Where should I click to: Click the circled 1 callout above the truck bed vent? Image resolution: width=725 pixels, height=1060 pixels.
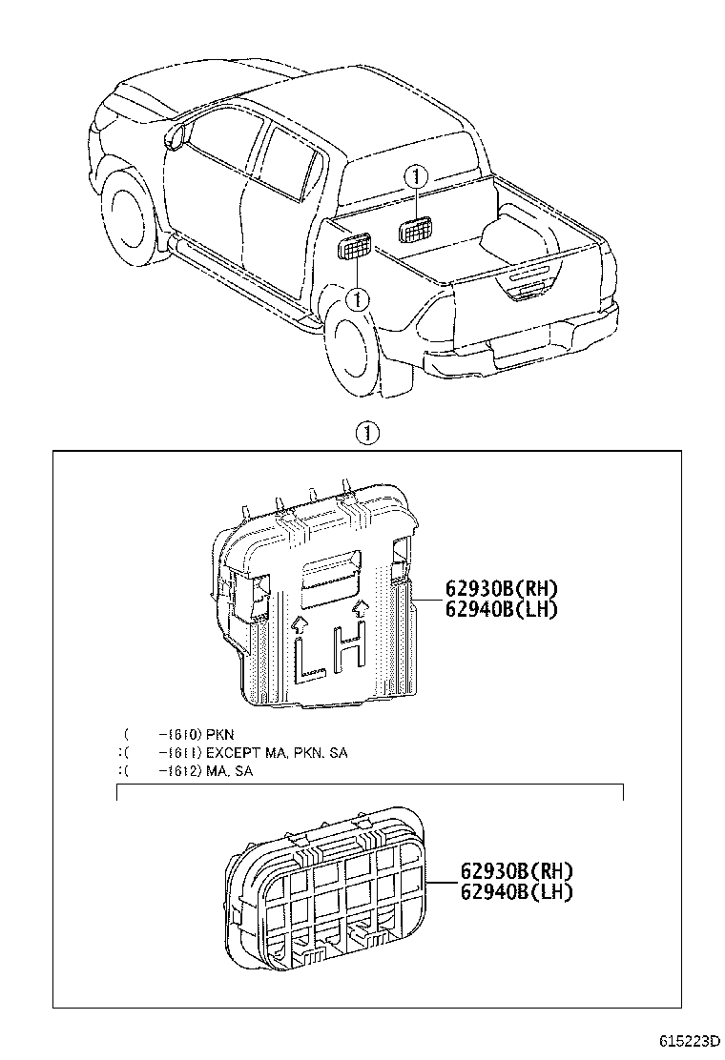pos(415,176)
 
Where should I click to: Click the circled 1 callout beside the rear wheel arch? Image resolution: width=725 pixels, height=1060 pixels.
pos(357,299)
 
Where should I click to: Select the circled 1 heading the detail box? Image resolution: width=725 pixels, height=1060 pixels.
pos(369,434)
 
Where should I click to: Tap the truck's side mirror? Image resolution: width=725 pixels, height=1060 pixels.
pos(175,135)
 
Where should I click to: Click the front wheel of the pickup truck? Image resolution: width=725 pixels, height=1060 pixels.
pos(127,215)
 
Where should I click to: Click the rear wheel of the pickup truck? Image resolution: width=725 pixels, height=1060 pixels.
pos(354,349)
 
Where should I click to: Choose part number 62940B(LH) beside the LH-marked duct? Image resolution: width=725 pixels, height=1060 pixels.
pos(501,609)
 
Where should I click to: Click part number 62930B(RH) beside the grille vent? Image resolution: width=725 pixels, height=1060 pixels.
pos(516,870)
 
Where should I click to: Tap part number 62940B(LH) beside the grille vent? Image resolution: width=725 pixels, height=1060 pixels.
pos(516,891)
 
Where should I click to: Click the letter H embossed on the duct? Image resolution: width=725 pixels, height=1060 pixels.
pos(351,646)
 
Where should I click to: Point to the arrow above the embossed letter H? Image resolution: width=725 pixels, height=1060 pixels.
pos(360,606)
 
